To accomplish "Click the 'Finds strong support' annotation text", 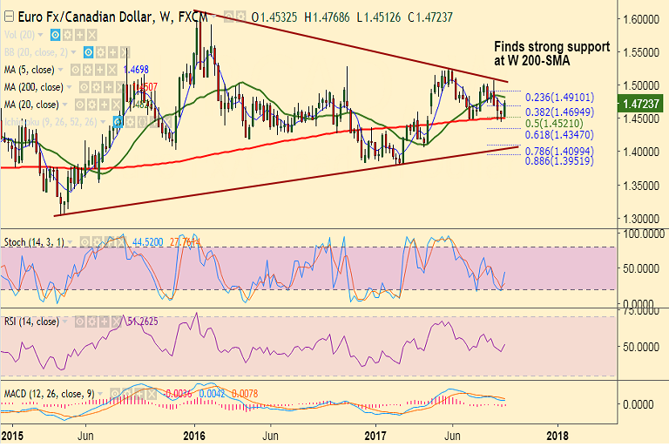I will point(551,47).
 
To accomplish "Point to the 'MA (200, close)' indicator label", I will point(32,87).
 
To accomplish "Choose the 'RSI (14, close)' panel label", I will point(32,322).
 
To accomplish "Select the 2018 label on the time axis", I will point(558,435).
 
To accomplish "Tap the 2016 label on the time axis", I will point(194,435).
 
